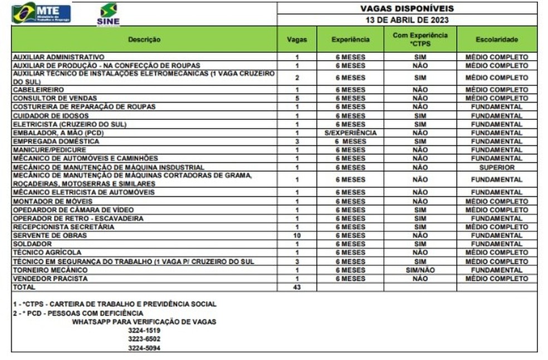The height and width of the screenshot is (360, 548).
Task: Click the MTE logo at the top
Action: click(41, 12)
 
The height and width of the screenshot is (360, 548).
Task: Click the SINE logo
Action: click(108, 14)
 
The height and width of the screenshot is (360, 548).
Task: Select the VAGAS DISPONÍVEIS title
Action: click(407, 8)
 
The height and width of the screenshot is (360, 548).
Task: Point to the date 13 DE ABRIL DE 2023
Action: click(407, 20)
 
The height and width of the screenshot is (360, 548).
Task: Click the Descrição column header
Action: click(144, 40)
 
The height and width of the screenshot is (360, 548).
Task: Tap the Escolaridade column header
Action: click(497, 40)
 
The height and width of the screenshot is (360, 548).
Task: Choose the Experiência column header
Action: click(350, 40)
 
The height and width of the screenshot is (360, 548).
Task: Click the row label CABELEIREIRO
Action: click(38, 90)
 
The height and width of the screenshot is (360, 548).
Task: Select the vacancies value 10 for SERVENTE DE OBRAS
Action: click(297, 236)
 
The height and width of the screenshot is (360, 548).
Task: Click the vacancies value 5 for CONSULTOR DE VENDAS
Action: click(297, 98)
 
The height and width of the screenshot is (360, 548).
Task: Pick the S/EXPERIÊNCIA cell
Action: click(350, 133)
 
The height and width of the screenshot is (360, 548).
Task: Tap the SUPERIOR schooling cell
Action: click(497, 167)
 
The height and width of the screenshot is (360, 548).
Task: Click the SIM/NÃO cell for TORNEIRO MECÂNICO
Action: click(420, 270)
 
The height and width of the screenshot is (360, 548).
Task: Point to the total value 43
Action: click(297, 287)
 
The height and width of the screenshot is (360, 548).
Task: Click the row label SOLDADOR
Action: click(32, 244)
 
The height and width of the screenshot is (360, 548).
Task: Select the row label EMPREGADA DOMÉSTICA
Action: click(48, 142)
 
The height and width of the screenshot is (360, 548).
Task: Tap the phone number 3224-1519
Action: click(144, 330)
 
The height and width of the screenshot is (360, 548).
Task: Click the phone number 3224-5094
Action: click(144, 348)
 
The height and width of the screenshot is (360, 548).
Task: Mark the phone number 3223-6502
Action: click(144, 339)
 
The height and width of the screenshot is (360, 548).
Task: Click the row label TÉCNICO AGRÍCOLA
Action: click(43, 252)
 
